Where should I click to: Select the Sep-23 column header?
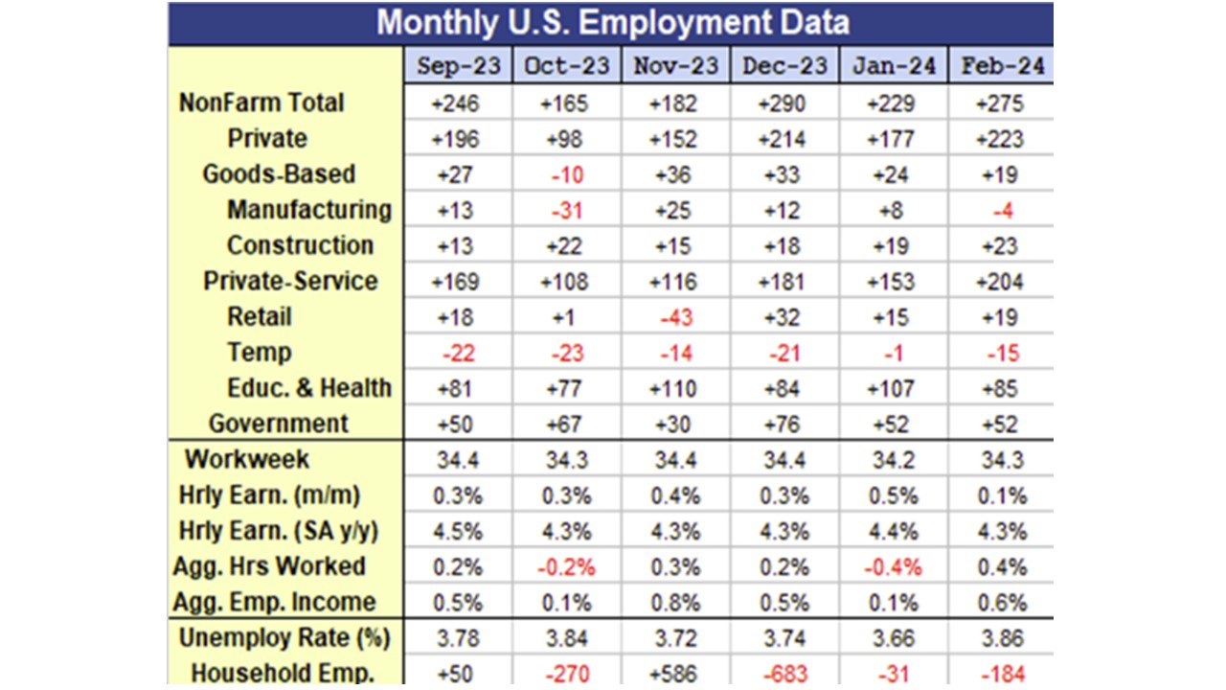click(458, 66)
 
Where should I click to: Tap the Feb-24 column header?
click(1002, 66)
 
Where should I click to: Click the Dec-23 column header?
click(784, 66)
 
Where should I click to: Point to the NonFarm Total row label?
click(261, 103)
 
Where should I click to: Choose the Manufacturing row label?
click(309, 210)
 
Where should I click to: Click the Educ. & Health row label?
click(309, 388)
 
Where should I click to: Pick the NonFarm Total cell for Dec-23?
click(784, 103)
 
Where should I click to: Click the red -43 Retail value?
click(675, 317)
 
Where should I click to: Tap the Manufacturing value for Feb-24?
click(1002, 211)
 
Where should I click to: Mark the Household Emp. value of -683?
click(784, 673)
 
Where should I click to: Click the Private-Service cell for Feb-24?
click(1002, 282)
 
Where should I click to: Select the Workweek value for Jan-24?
click(894, 460)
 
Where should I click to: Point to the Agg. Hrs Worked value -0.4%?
click(894, 567)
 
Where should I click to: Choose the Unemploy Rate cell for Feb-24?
click(1002, 638)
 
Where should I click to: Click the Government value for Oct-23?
click(567, 424)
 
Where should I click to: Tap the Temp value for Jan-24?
click(894, 353)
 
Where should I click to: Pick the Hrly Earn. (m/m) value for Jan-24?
click(894, 495)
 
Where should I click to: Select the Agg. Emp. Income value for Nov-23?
click(675, 603)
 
